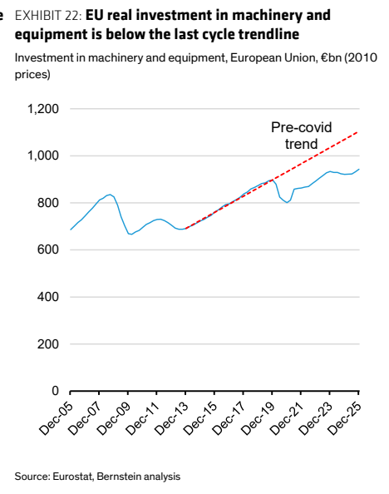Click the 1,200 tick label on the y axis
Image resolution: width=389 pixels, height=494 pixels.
click(x=43, y=109)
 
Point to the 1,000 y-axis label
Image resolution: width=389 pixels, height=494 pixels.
click(x=43, y=156)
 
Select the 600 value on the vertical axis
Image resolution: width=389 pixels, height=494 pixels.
click(x=48, y=249)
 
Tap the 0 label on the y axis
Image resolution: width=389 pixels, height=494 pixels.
click(x=55, y=391)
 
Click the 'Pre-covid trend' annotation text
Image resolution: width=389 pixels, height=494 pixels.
click(x=302, y=136)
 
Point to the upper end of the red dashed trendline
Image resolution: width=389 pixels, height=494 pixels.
click(x=358, y=132)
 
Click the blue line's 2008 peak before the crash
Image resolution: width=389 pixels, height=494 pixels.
click(x=110, y=195)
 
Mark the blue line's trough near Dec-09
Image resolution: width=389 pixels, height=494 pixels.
click(x=131, y=234)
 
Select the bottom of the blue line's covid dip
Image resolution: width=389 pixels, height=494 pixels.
click(x=287, y=203)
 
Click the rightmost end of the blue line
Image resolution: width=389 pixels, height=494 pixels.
click(x=359, y=169)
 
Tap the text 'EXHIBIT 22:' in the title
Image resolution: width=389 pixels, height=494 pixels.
click(x=48, y=15)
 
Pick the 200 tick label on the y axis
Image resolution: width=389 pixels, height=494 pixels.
click(x=48, y=343)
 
